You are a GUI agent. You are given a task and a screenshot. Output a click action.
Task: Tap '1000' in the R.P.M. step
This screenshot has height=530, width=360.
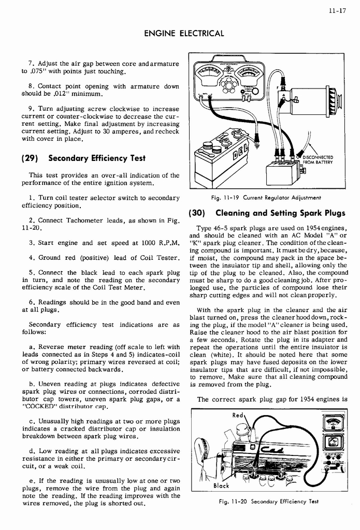tap(140, 243)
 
